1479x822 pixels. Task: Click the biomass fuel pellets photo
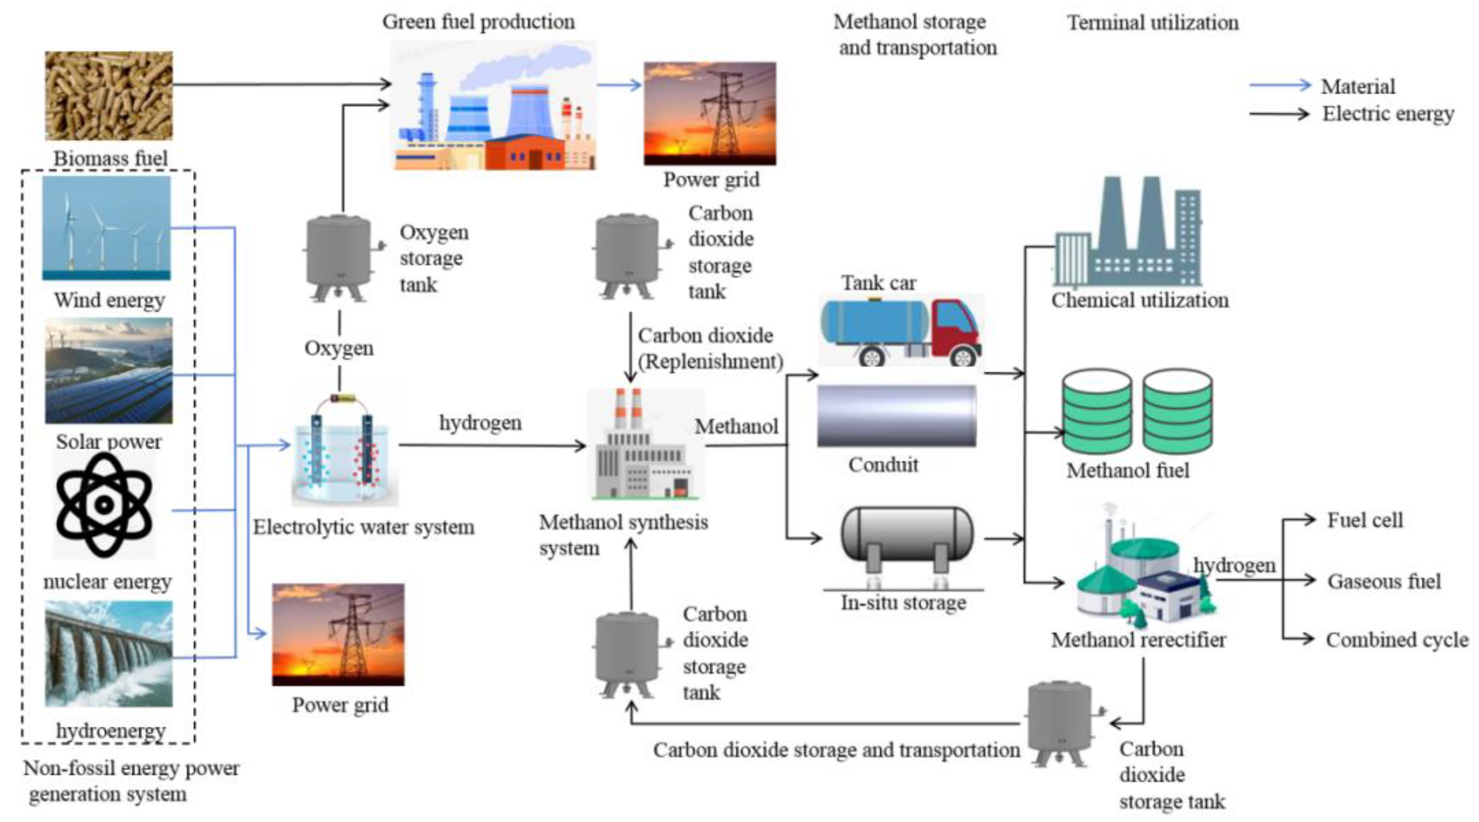108,95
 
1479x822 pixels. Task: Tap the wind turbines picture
106,227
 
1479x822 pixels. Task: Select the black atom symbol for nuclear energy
104,505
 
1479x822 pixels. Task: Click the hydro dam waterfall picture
108,654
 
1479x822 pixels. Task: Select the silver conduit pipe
896,416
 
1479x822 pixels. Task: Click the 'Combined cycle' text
1396,640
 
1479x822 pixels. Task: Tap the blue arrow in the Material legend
1280,86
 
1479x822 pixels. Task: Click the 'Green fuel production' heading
478,22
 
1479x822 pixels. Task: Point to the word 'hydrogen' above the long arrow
480,423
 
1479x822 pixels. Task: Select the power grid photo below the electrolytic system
338,634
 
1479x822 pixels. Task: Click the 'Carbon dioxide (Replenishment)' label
710,348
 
